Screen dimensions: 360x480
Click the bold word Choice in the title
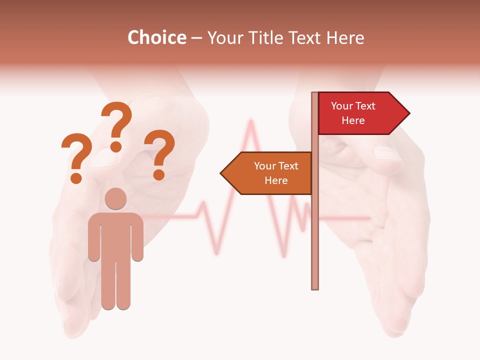click(x=156, y=37)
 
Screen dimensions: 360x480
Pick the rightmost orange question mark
click(x=159, y=152)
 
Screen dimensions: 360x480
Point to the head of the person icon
click(x=115, y=199)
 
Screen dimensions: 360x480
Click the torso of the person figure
click(x=115, y=235)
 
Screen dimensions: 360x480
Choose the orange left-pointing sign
click(x=270, y=173)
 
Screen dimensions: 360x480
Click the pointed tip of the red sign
click(x=408, y=113)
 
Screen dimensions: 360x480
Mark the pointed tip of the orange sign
click(x=222, y=173)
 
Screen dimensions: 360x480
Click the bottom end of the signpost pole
click(x=315, y=287)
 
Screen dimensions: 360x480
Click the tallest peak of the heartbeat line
click(x=249, y=122)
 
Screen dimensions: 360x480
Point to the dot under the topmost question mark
click(x=116, y=146)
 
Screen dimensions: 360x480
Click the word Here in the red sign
click(x=353, y=120)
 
